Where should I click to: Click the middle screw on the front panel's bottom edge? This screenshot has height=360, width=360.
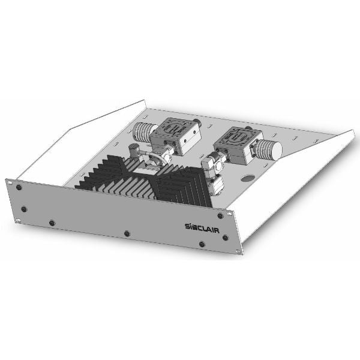pyautogui.click(x=125, y=233)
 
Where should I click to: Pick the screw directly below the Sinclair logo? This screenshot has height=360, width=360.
pyautogui.click(x=201, y=244)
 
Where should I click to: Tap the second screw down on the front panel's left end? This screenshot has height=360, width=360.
pyautogui.click(x=24, y=209)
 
